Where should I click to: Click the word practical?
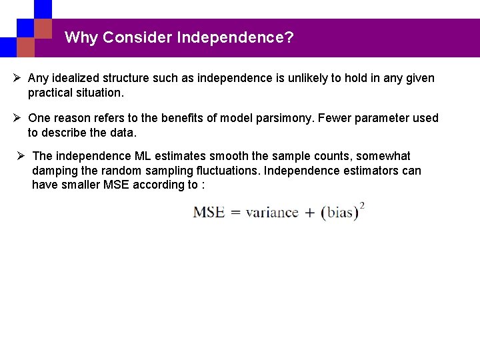[51, 92]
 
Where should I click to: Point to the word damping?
[55, 171]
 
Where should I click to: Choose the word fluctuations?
[230, 171]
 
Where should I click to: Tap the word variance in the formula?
[271, 213]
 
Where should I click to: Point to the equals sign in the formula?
[235, 213]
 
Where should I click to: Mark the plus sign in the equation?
[309, 213]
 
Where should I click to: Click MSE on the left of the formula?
[209, 213]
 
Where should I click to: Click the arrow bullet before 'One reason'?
[17, 118]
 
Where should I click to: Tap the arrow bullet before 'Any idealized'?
[17, 78]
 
